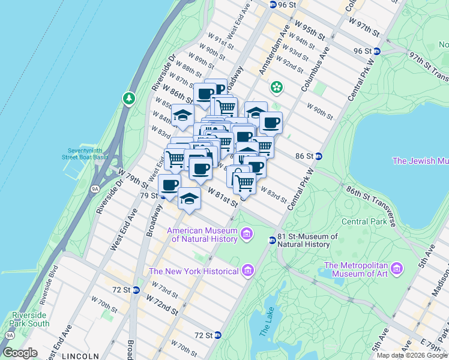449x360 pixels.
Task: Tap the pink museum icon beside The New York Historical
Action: click(249, 272)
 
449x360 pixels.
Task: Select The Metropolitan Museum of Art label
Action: click(357, 270)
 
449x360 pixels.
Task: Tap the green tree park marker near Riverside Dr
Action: click(128, 98)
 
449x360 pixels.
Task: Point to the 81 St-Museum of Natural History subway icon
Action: click(272, 240)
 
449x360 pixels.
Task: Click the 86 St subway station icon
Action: click(319, 156)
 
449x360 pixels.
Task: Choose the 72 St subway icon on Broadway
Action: click(136, 290)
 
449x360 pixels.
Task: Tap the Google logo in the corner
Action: click(20, 353)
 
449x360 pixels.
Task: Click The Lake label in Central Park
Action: click(267, 325)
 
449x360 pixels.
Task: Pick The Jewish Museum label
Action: click(420, 161)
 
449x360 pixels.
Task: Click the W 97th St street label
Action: click(364, 26)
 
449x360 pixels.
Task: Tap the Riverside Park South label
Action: click(30, 319)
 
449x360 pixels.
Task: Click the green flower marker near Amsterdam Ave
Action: click(276, 88)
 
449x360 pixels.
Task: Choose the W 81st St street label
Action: click(223, 197)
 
